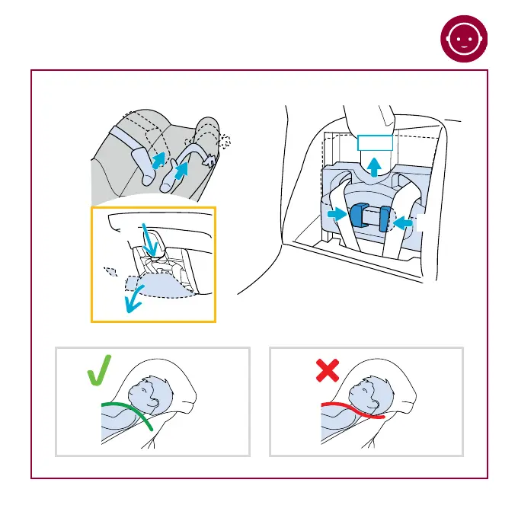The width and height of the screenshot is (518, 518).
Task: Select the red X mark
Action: (x=327, y=371)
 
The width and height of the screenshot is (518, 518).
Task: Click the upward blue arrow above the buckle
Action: (x=375, y=165)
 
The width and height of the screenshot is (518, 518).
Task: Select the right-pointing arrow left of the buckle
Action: (x=335, y=215)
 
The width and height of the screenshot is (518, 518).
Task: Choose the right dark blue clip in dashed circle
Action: (x=385, y=219)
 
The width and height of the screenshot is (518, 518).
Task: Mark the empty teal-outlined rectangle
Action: (x=375, y=142)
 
